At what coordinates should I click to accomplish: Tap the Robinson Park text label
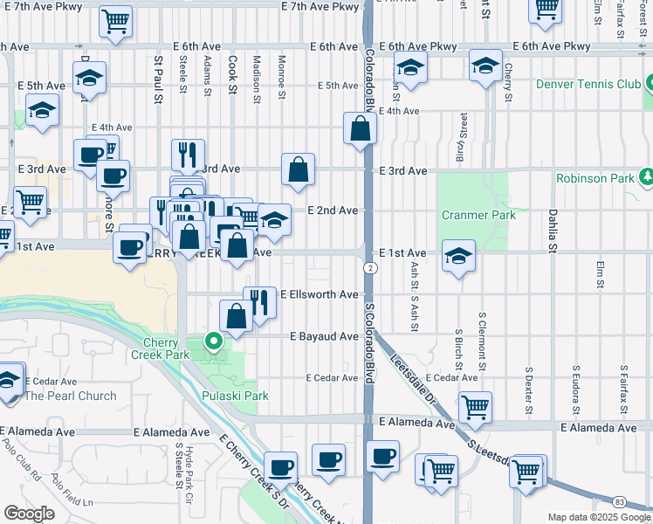click(x=595, y=178)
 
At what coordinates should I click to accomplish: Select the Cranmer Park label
click(x=478, y=215)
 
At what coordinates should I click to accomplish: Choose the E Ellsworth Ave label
click(x=319, y=295)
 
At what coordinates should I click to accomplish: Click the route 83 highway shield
click(x=619, y=501)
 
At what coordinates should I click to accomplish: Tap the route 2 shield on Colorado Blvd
click(x=371, y=267)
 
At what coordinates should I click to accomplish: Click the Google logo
click(x=29, y=514)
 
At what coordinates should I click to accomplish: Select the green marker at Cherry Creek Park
click(x=211, y=341)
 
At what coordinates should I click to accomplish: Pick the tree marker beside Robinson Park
click(x=647, y=177)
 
